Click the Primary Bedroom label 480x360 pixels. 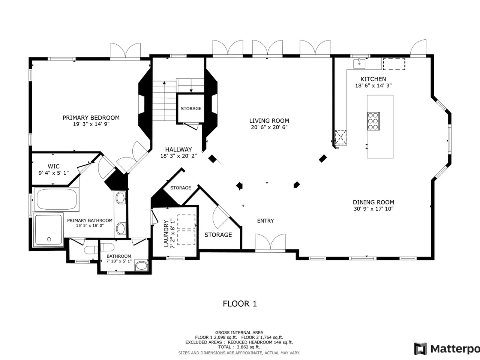[91, 118]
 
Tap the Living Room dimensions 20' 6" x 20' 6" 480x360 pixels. [269, 127]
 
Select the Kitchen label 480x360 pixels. [373, 79]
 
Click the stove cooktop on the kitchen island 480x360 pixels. [373, 121]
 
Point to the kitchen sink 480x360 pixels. [359, 64]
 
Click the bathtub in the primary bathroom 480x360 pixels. [57, 199]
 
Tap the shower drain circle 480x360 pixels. [49, 239]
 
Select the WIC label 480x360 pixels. [54, 166]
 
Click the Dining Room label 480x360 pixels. [373, 202]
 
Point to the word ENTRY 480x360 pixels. [265, 221]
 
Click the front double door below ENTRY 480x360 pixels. [270, 243]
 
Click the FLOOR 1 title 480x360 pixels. [240, 304]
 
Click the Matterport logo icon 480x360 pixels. [420, 349]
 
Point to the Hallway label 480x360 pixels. [178, 150]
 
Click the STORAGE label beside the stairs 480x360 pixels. [191, 109]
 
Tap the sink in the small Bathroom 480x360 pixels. [141, 266]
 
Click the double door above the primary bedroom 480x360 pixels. [125, 51]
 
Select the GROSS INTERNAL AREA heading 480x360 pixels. [239, 333]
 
